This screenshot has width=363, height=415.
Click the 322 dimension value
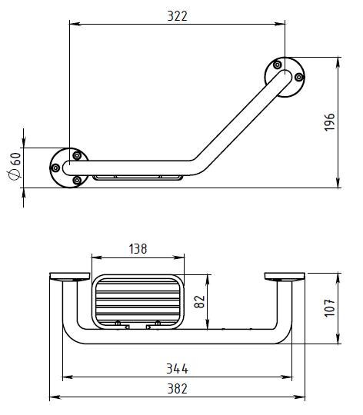point(177,16)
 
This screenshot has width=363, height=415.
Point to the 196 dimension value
point(330,122)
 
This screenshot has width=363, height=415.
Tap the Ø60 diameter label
point(15,166)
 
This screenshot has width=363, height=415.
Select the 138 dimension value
point(138,249)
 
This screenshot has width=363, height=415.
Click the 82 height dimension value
point(200,302)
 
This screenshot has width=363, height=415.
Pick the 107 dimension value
point(330,308)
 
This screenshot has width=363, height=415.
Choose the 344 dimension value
point(177,368)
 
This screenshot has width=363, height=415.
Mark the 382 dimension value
point(177,389)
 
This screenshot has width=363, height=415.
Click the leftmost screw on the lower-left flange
point(55,168)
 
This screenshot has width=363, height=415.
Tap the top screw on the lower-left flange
point(77,155)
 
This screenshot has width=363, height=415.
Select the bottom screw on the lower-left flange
point(77,181)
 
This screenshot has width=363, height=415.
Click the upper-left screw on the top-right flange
point(277,65)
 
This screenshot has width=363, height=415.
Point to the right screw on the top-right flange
point(299,78)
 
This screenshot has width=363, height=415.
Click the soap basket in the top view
point(138,178)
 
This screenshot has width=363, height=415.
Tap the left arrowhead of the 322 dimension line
point(75,24)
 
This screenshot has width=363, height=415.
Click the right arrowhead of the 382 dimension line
point(299,397)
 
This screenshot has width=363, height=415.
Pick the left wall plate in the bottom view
point(70,277)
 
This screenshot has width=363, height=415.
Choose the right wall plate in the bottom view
point(285,277)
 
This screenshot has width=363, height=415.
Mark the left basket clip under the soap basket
point(122,325)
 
